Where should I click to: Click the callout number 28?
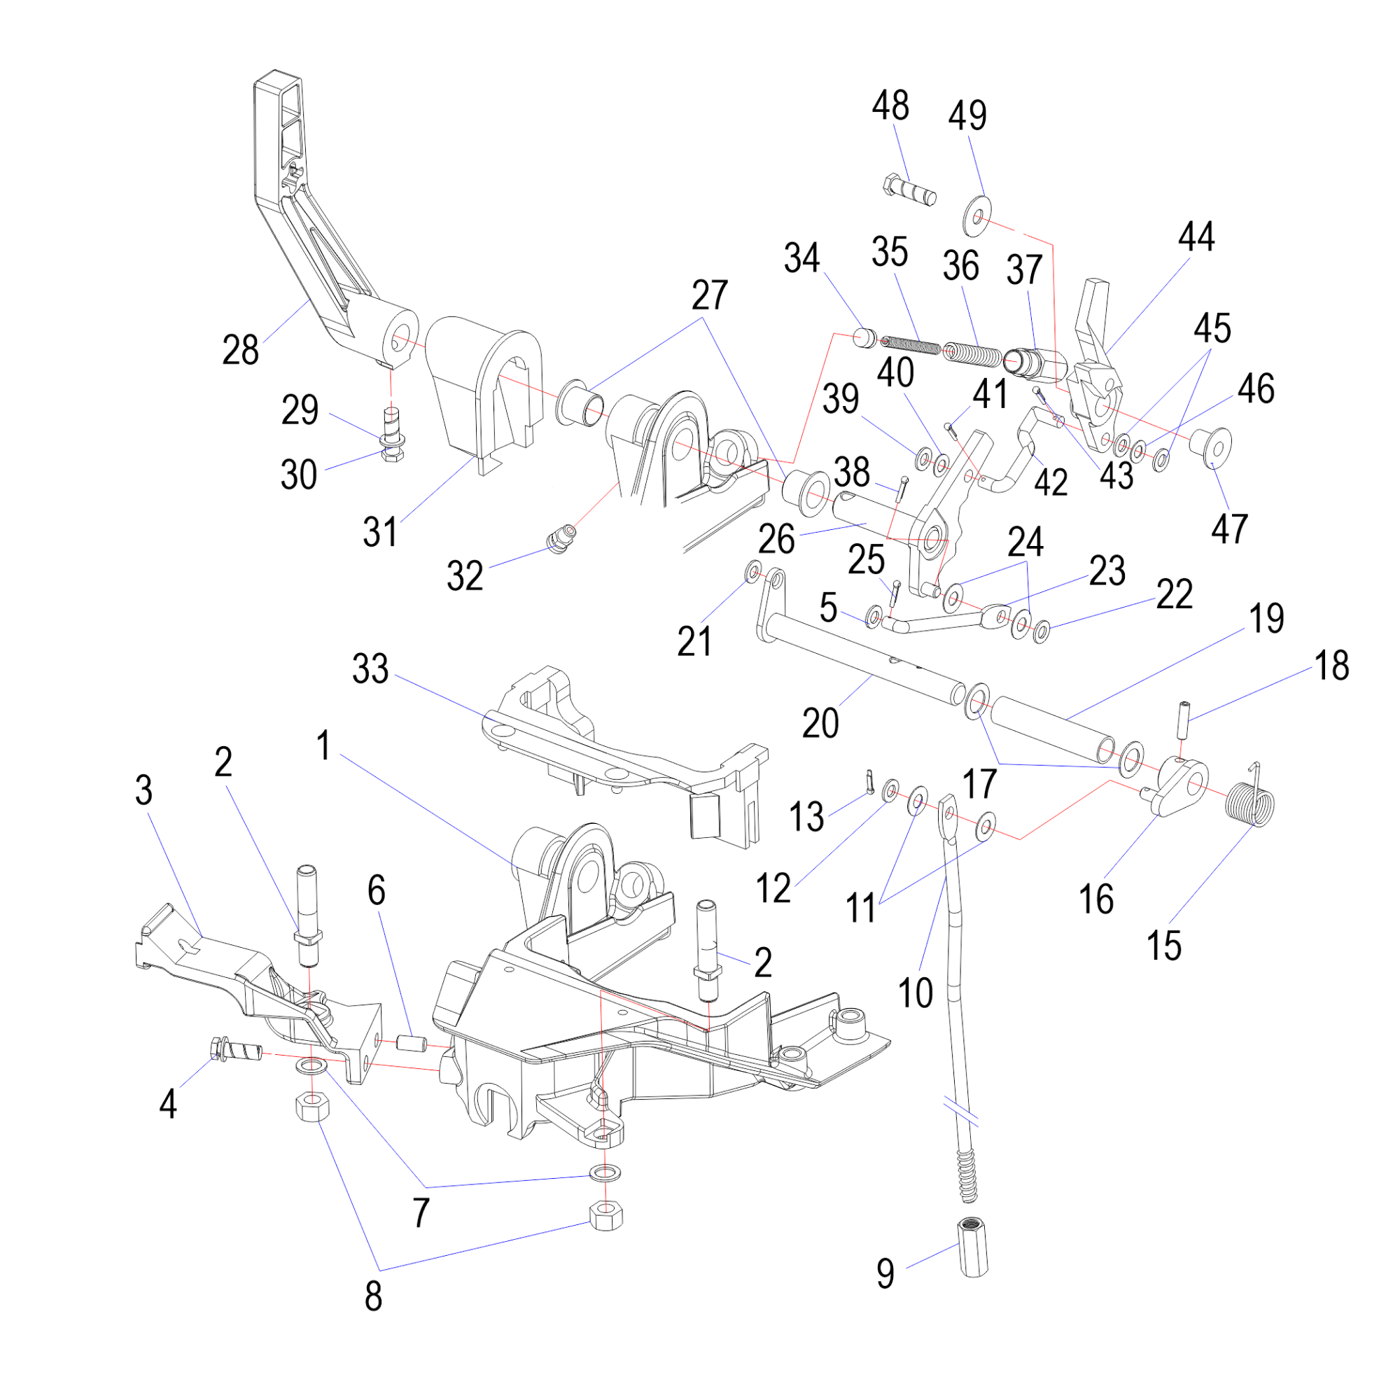(x=241, y=351)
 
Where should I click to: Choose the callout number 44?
(x=1196, y=237)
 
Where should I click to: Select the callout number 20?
(x=820, y=723)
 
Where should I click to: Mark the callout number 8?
(x=373, y=1296)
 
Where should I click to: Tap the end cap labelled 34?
(x=863, y=337)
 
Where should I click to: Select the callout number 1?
(x=324, y=745)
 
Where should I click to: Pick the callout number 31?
(x=380, y=533)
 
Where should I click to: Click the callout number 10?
(x=915, y=992)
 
